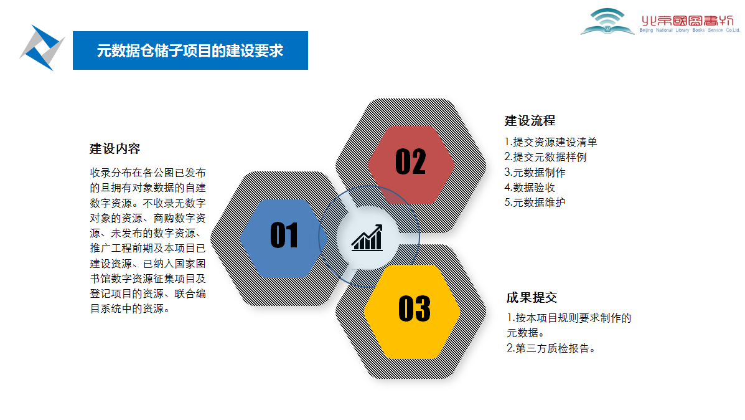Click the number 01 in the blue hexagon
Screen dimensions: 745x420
[284, 235]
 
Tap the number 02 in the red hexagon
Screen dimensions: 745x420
[411, 161]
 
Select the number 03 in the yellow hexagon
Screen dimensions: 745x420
[415, 308]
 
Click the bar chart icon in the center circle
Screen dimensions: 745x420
[367, 238]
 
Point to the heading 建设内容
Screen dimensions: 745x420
[115, 149]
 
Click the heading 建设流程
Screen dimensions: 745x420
[530, 121]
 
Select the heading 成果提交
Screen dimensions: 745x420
[532, 298]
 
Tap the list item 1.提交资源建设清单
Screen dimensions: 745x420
[551, 142]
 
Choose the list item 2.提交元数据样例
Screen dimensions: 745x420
[545, 157]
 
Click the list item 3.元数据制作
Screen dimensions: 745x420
[535, 172]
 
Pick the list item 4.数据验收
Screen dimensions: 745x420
[530, 188]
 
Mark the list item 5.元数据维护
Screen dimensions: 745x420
[535, 202]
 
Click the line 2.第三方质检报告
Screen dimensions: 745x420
[551, 348]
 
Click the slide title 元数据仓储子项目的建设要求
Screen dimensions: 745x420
[190, 50]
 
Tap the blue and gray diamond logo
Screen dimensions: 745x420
[42, 47]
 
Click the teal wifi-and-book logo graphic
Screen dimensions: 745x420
[607, 22]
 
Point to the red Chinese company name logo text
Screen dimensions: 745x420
[688, 21]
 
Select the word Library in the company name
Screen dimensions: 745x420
[682, 30]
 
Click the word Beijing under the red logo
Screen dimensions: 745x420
[646, 30]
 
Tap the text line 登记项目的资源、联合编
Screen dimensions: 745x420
[148, 294]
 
